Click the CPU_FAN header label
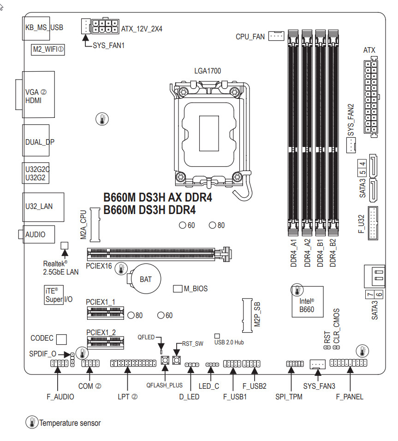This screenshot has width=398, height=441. coord(250,37)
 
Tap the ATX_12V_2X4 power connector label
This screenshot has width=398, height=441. coord(142,28)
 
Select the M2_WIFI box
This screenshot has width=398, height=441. coord(48,49)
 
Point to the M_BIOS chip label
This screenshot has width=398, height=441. coord(196,289)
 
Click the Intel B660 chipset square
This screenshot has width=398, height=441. coord(306,301)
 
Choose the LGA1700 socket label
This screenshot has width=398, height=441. coord(207,71)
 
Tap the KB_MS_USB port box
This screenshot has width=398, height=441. coord(43,27)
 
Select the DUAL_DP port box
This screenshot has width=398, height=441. coord(39,141)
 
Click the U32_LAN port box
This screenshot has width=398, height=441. coord(39,206)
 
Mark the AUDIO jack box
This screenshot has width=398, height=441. coord(36,234)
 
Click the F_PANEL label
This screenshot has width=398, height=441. coord(349,397)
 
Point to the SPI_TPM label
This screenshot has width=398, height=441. coord(289,397)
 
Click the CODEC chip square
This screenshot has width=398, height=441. coord(62,339)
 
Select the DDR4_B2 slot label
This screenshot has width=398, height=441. coord(333,254)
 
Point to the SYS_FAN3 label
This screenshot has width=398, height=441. coord(319,386)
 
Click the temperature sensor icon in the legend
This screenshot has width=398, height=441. coord(31,422)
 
